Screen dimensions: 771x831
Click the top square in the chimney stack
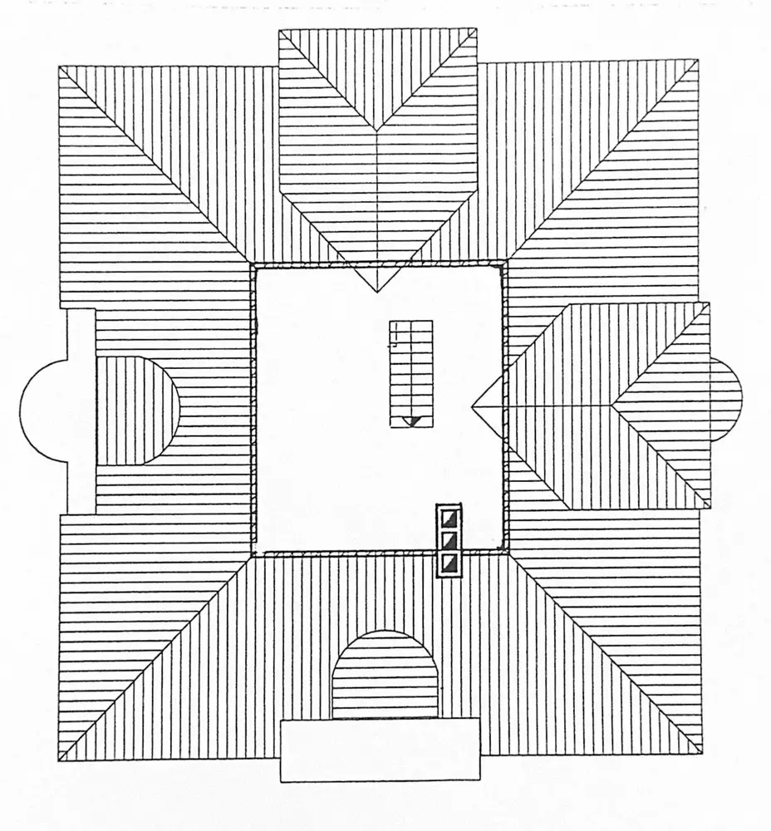[449, 518]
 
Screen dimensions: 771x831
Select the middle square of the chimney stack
[449, 541]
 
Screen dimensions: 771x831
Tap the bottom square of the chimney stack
[449, 565]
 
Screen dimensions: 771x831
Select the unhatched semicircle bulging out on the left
[46, 411]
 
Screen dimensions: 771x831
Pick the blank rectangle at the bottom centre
[380, 750]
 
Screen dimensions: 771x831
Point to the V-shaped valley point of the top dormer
[377, 131]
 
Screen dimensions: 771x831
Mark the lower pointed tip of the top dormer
[378, 291]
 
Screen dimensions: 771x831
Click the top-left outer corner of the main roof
[60, 66]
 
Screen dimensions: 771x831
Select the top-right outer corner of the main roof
[696, 61]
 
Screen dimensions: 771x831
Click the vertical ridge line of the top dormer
[378, 208]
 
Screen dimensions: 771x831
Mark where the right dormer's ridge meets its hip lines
[613, 405]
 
